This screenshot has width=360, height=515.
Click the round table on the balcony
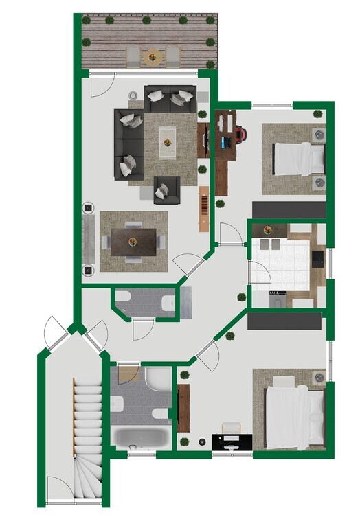(153, 56)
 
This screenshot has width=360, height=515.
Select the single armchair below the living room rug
(166, 190)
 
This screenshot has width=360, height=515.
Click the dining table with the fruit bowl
(134, 240)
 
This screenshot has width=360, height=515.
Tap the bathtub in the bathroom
(140, 437)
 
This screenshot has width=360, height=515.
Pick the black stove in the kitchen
(318, 259)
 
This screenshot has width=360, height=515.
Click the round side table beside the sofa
(133, 95)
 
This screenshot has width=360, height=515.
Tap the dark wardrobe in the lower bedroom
(284, 321)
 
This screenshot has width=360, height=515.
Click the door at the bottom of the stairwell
(60, 489)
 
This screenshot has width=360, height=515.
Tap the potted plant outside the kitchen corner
(241, 297)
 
